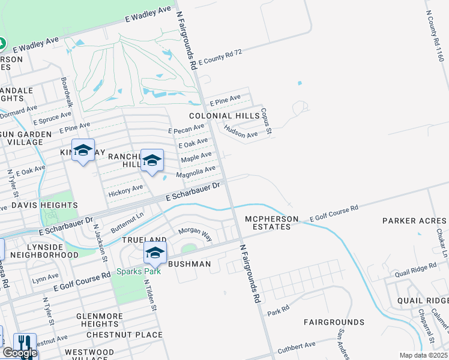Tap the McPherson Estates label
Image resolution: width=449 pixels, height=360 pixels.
point(271,223)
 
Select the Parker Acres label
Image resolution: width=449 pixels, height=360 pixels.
point(414,221)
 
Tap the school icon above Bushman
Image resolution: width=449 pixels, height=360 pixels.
point(155,254)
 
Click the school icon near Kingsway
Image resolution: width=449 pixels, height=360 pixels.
point(83,150)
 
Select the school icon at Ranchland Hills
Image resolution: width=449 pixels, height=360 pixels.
point(152,160)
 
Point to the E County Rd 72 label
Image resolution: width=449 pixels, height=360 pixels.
point(220,57)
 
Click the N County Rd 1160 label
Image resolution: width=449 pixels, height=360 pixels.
point(434,36)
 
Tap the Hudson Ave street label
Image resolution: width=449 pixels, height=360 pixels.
point(241,131)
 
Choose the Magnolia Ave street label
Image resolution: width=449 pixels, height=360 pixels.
point(195,172)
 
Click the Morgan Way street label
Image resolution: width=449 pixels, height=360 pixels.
point(195,235)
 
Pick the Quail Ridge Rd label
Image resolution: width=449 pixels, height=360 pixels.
point(415,270)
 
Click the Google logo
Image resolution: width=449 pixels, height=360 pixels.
point(20,353)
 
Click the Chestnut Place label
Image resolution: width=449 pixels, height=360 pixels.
point(124,335)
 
